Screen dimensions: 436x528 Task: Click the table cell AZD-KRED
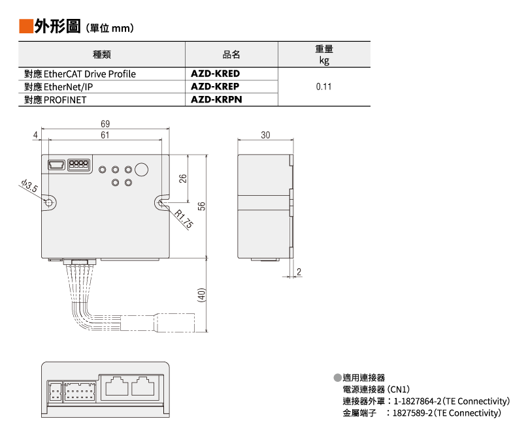(x=215, y=74)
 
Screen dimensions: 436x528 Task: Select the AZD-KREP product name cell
(x=215, y=87)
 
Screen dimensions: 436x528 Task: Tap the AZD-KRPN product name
(x=215, y=100)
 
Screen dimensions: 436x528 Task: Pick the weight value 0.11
(x=323, y=87)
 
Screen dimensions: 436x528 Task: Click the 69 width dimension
(x=105, y=124)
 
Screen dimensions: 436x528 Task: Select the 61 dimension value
(x=105, y=134)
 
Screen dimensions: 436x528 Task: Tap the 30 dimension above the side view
(x=265, y=134)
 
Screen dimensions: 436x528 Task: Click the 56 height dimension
(x=202, y=206)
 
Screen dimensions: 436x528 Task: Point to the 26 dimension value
(x=184, y=178)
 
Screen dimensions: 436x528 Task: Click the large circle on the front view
(x=142, y=170)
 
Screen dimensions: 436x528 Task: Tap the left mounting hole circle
(x=50, y=204)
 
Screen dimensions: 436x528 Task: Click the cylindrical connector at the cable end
(x=174, y=322)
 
